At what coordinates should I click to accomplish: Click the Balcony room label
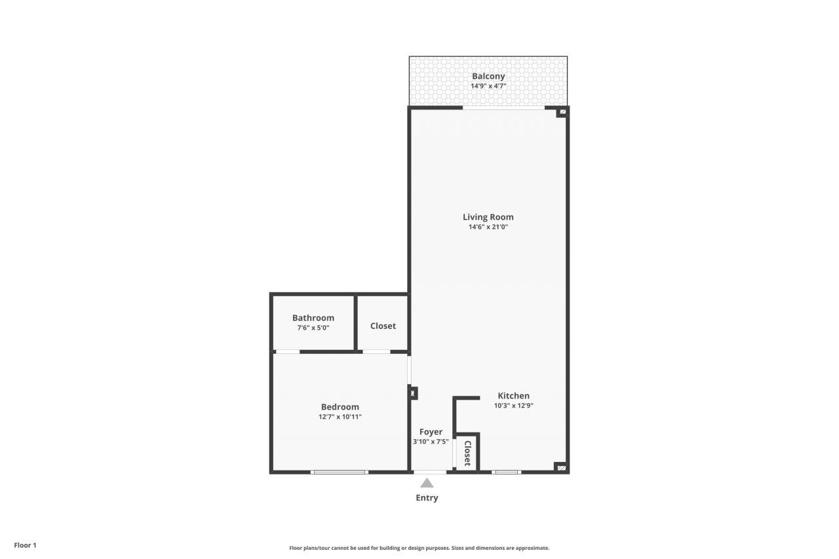point(488,76)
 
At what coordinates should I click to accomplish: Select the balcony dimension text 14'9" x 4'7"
point(488,86)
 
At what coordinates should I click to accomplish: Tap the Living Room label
point(488,217)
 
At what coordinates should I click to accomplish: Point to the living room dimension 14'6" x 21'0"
point(488,227)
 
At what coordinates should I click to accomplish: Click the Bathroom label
point(313,318)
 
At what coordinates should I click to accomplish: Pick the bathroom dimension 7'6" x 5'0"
point(313,328)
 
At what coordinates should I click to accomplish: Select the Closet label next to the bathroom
point(383,326)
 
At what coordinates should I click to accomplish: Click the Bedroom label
point(340,407)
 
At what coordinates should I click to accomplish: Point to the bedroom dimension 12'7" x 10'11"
point(340,417)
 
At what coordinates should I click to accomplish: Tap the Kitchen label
point(513,396)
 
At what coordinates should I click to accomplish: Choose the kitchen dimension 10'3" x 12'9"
point(513,406)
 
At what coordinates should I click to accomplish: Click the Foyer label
point(431,432)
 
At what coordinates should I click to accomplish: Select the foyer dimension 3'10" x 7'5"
point(431,442)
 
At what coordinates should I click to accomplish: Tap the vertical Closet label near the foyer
point(467,453)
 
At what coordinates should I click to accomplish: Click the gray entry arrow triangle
point(427,484)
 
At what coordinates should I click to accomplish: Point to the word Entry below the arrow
point(427,498)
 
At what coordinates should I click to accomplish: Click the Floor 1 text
point(26,545)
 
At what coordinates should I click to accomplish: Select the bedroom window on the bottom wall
point(340,472)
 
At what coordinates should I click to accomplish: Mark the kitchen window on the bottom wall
point(506,472)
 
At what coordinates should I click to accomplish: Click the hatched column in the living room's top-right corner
point(562,113)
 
